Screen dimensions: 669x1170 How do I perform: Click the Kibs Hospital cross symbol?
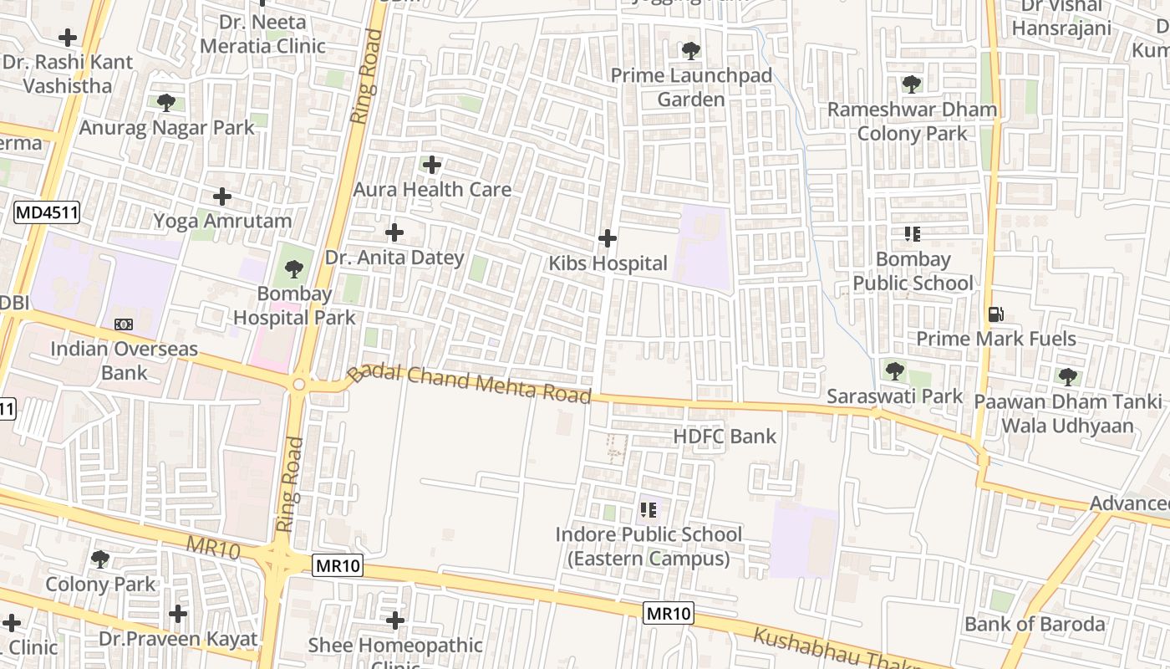click(x=608, y=239)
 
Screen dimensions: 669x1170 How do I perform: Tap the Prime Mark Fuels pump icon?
click(x=995, y=314)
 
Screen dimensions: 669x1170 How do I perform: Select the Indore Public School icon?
click(x=649, y=509)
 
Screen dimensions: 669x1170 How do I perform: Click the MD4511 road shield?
click(x=47, y=212)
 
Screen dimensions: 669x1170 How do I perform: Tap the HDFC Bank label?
click(x=725, y=436)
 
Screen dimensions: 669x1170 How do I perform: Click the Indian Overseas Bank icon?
click(x=123, y=324)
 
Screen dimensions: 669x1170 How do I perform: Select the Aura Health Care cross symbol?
click(x=431, y=165)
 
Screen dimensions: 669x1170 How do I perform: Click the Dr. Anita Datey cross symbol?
click(x=394, y=232)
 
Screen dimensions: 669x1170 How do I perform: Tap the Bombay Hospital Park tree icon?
click(x=293, y=269)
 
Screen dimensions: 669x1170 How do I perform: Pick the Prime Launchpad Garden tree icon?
click(x=690, y=51)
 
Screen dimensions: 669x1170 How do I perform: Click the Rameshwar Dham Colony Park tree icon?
click(x=912, y=84)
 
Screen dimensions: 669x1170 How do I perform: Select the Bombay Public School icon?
click(x=912, y=234)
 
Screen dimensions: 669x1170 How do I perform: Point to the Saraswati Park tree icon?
click(x=894, y=370)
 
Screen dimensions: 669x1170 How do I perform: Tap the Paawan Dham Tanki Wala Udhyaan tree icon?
click(x=1068, y=376)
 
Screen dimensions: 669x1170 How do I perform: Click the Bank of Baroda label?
click(x=1035, y=624)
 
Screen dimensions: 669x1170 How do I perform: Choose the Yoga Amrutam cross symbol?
click(x=222, y=197)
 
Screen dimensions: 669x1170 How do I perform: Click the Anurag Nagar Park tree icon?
click(x=166, y=103)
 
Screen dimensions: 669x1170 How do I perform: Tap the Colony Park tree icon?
click(x=100, y=559)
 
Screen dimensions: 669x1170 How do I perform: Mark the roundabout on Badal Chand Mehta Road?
click(x=298, y=385)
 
